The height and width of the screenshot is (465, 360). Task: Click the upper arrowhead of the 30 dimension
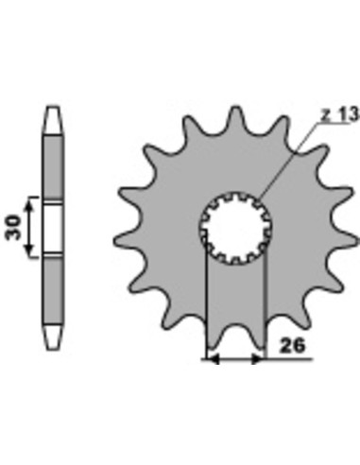click(32, 203)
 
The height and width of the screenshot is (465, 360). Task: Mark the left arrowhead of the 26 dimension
click(211, 359)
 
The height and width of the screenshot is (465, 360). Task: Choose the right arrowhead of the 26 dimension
click(260, 359)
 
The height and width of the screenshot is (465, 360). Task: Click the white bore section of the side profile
click(52, 227)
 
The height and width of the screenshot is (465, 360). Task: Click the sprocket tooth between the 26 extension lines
click(235, 336)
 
